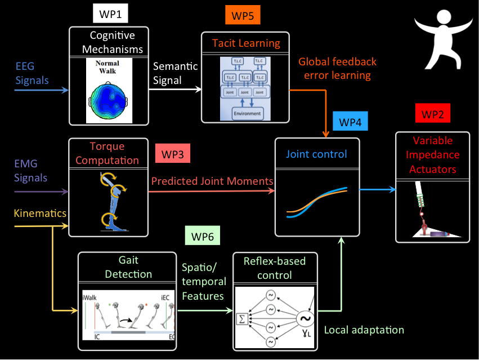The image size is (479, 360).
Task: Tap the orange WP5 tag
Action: point(242,16)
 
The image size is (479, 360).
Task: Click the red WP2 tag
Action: point(432,114)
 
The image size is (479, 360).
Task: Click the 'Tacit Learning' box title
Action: point(246,43)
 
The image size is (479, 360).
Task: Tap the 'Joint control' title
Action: point(316,154)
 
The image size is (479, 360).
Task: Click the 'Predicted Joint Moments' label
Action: point(212,181)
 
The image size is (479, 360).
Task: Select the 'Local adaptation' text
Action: point(364,330)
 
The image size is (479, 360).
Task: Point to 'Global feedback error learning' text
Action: point(337,68)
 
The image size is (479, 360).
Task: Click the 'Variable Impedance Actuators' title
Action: point(432,155)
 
